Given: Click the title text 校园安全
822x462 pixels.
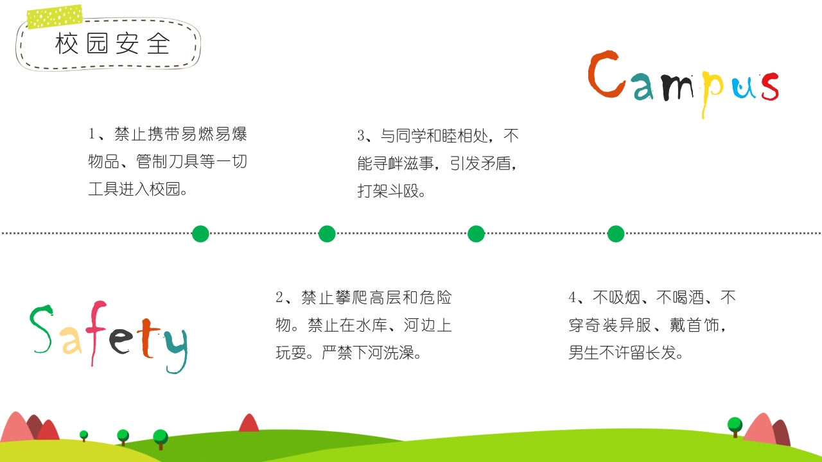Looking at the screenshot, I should tap(113, 44).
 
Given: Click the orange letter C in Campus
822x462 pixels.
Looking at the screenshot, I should tap(604, 76).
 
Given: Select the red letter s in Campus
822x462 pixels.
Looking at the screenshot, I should tap(769, 87).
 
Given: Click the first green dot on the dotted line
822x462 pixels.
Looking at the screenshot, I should tap(200, 234).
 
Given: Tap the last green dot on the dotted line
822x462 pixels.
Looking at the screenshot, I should tap(616, 234).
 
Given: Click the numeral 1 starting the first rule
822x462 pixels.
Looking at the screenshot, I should tap(92, 135).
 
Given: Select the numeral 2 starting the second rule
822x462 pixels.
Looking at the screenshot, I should tap(279, 298).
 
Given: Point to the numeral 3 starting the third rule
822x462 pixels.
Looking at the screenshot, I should tap(361, 136).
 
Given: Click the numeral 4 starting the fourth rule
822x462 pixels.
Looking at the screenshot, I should tap(572, 298).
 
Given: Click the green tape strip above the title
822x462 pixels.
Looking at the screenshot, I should tap(55, 17).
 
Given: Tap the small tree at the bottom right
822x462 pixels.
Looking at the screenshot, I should tap(735, 426).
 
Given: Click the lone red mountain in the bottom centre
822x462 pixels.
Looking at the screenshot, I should tap(249, 423).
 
